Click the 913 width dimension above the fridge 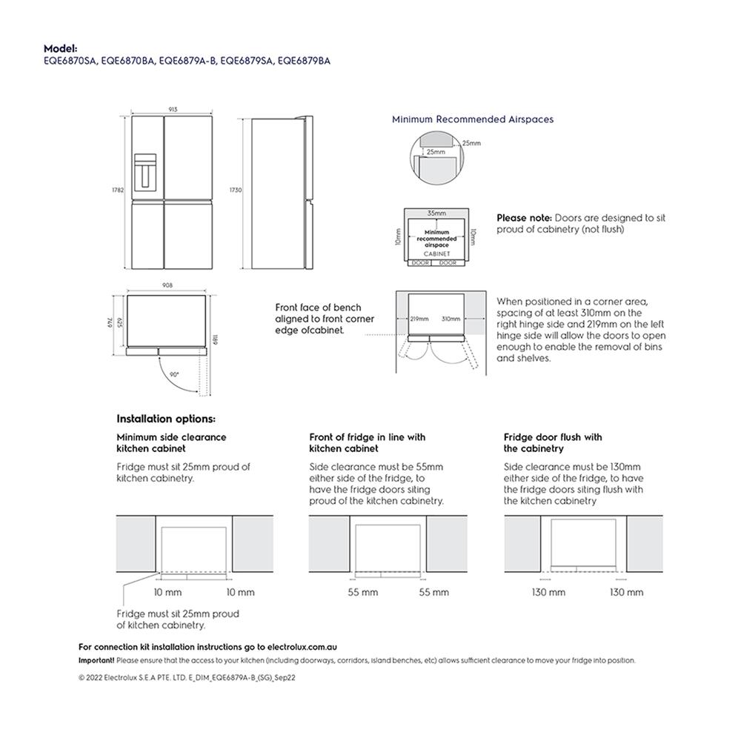point(173,110)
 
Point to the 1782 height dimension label point(117,190)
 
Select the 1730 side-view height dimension point(236,190)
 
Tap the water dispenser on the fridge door point(147,170)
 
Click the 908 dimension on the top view point(168,285)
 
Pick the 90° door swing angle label point(174,375)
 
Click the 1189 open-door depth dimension point(215,341)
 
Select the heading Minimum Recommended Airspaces point(472,119)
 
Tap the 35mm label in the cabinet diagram point(436,213)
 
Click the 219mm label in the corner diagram point(419,319)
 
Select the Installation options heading point(166,419)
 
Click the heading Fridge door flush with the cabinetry point(552,443)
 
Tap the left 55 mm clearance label point(363,593)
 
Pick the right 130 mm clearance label point(626,593)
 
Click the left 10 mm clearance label point(167,593)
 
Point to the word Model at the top point(60,48)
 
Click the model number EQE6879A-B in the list point(187,62)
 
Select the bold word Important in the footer point(96,660)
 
